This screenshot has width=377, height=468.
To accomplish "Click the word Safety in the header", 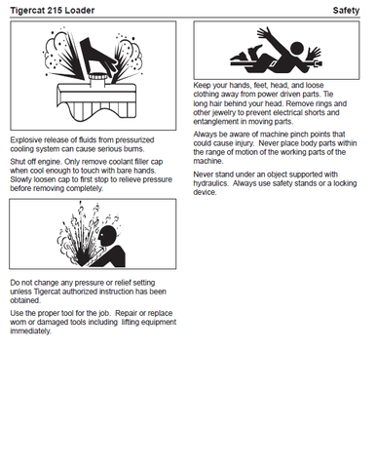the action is (346, 11).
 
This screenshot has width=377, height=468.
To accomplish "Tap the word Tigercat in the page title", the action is (28, 11).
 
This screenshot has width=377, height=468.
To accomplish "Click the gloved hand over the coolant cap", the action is (97, 54).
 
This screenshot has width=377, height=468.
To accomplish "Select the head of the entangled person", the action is (296, 48).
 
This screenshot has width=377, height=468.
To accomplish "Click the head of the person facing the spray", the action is (107, 236).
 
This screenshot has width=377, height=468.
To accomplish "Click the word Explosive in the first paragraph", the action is (26, 140).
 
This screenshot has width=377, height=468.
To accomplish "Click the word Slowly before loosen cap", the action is (21, 179).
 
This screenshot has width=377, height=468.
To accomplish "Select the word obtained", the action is (25, 300).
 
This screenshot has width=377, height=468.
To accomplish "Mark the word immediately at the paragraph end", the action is (31, 331).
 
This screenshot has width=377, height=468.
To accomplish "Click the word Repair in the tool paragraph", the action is (127, 314).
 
